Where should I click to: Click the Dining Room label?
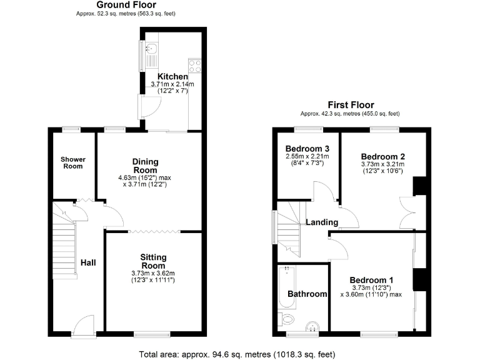[145, 166]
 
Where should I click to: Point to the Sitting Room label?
[152, 261]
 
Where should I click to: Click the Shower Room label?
[72, 162]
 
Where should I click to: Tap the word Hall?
[88, 263]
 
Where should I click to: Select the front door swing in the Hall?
[82, 325]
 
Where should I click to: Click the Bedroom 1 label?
[372, 279]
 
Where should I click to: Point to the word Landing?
[322, 222]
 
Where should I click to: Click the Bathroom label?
[307, 294]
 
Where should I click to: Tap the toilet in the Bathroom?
[287, 319]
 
